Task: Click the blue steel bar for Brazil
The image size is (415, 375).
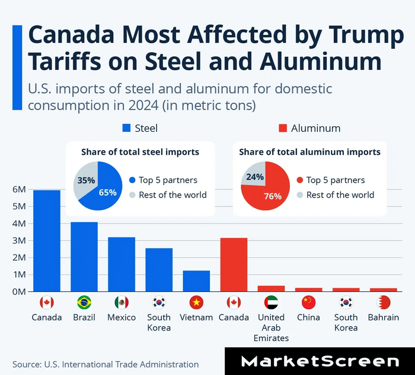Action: pos(84,257)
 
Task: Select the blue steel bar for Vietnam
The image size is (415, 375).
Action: pos(196,281)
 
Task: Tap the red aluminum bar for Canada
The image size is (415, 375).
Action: pos(234,265)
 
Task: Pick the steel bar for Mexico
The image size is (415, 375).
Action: pos(122,265)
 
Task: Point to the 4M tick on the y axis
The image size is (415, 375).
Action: pos(20,224)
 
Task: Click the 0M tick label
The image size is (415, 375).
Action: pos(20,292)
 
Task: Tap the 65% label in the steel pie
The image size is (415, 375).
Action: pos(107,192)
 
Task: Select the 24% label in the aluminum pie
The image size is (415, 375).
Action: pos(255,177)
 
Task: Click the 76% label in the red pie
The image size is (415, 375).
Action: pos(273,196)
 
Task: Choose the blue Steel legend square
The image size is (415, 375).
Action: pos(126,128)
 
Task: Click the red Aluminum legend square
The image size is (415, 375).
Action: pos(283,128)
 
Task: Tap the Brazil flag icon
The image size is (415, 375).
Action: pos(84,303)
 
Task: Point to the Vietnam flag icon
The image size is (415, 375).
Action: pos(196,303)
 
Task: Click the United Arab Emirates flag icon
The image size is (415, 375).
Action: pos(272,303)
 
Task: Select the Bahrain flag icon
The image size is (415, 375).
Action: pos(383,303)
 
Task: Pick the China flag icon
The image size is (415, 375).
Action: pos(308,303)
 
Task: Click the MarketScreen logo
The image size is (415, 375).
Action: pos(321,361)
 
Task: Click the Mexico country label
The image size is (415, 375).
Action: pos(122,317)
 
